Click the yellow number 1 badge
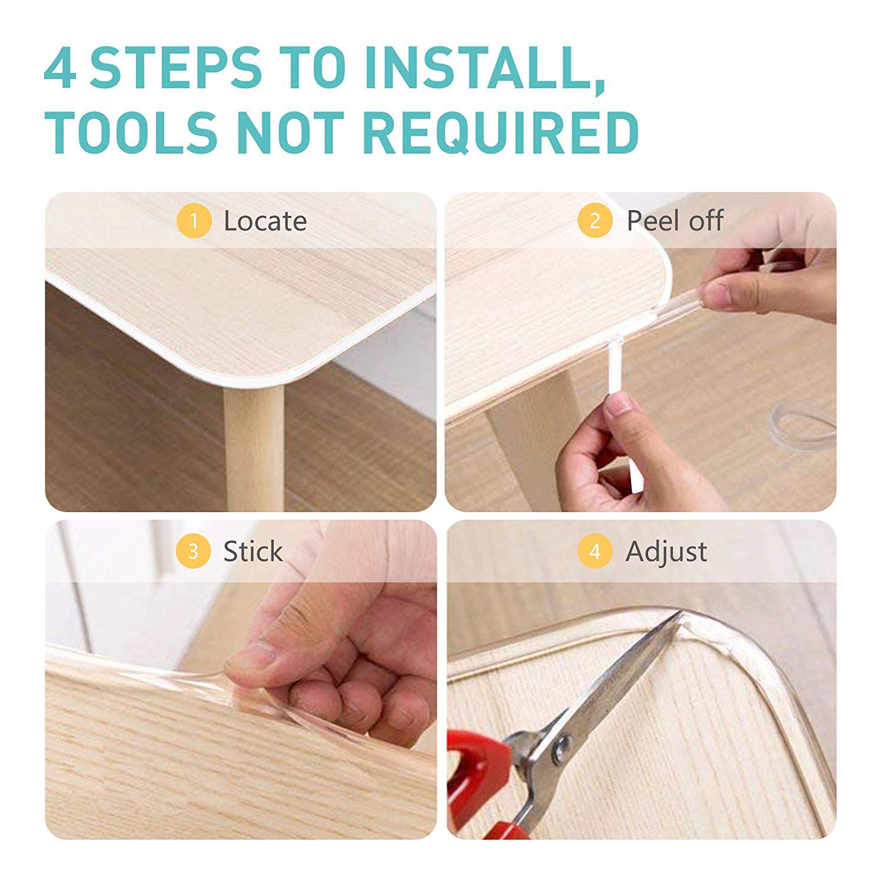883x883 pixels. [x=194, y=221]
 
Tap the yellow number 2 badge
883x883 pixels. [x=595, y=221]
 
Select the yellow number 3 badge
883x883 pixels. [x=193, y=552]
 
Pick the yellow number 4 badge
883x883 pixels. [x=595, y=552]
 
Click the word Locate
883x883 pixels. [x=265, y=221]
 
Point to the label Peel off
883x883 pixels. [x=675, y=221]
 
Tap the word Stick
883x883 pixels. [x=253, y=552]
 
